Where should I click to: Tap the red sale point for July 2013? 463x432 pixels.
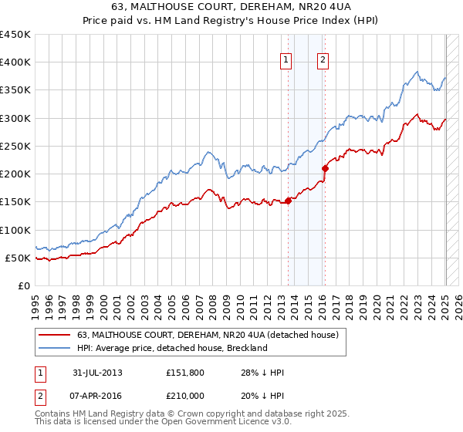point(288,201)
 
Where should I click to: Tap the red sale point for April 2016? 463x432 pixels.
point(325,168)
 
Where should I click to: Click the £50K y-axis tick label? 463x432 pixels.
point(18,258)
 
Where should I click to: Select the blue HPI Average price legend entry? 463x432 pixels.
point(171,348)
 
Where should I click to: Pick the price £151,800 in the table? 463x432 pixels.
point(184,373)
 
